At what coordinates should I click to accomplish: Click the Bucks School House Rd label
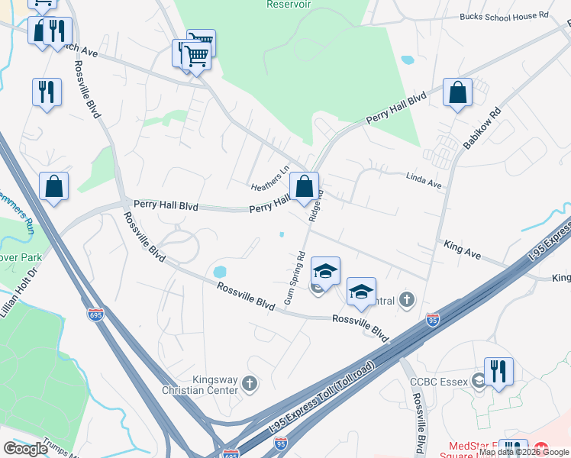pyautogui.click(x=504, y=15)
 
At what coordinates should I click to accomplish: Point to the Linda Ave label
pyautogui.click(x=424, y=184)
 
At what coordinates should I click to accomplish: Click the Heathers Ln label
pyautogui.click(x=271, y=179)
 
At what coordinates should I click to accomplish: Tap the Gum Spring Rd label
pyautogui.click(x=295, y=278)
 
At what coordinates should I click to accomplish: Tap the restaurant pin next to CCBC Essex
pyautogui.click(x=498, y=372)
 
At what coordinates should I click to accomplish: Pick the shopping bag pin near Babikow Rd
pyautogui.click(x=457, y=93)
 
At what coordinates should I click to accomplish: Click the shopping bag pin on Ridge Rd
pyautogui.click(x=304, y=186)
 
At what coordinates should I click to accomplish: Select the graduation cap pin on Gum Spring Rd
pyautogui.click(x=325, y=272)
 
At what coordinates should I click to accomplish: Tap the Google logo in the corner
pyautogui.click(x=25, y=449)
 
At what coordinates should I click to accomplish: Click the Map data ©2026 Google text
pyautogui.click(x=524, y=452)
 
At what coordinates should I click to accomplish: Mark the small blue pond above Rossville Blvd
pyautogui.click(x=220, y=272)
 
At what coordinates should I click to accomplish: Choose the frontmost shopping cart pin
pyautogui.click(x=197, y=54)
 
